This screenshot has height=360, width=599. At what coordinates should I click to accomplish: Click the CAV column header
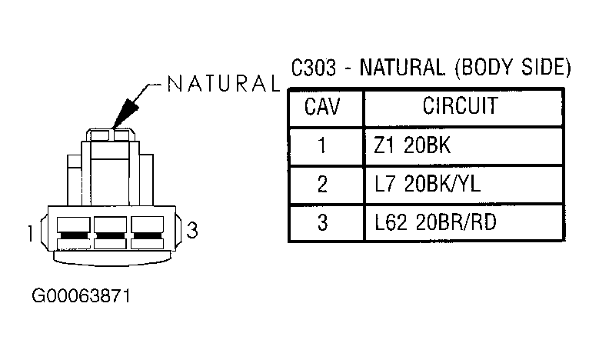click(x=322, y=107)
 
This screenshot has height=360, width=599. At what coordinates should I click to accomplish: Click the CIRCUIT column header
click(x=461, y=105)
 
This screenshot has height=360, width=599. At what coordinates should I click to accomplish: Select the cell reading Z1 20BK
click(x=412, y=145)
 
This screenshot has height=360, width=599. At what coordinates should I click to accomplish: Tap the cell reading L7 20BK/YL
click(x=428, y=184)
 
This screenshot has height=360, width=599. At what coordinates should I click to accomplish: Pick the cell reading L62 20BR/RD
click(x=435, y=222)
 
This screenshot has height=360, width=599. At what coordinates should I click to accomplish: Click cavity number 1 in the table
click(x=322, y=145)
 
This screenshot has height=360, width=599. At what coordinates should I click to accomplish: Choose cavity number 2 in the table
click(x=322, y=184)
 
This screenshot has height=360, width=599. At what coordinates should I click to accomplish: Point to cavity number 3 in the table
click(x=323, y=222)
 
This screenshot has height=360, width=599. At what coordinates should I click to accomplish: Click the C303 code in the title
click(x=314, y=68)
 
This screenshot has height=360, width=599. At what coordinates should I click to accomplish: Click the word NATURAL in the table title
click(x=402, y=68)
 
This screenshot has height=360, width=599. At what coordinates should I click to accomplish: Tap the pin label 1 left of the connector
click(x=31, y=234)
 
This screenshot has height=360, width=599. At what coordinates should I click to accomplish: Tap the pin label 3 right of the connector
click(x=191, y=231)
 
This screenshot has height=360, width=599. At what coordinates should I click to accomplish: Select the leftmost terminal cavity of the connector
click(x=73, y=233)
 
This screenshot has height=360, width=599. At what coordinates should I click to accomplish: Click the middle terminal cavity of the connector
click(x=111, y=233)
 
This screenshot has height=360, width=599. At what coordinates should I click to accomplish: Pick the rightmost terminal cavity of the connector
click(x=148, y=233)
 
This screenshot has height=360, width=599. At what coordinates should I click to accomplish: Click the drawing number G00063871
click(x=81, y=296)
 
